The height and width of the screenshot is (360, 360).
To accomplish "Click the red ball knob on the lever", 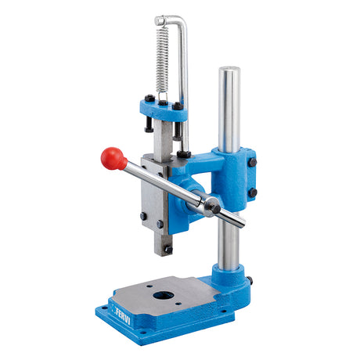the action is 112,158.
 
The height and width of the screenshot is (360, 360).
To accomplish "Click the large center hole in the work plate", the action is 164,295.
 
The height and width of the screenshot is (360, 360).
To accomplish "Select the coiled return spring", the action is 162,60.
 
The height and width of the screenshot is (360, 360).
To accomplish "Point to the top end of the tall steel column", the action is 229,69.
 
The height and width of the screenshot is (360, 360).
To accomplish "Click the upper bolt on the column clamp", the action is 252,162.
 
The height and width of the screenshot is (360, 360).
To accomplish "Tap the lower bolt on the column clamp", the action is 252,193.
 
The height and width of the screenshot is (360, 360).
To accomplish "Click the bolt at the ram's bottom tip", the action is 168,250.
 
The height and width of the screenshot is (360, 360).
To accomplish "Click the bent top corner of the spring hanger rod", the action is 182,21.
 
